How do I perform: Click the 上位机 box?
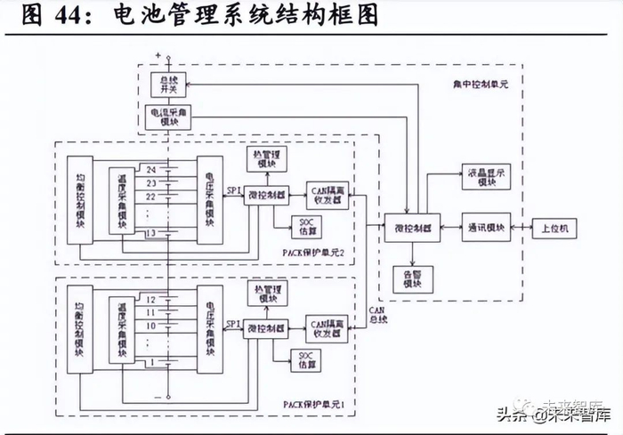tap(555, 229)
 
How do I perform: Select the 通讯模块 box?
tap(486, 229)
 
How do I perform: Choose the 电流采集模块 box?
tap(166, 117)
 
